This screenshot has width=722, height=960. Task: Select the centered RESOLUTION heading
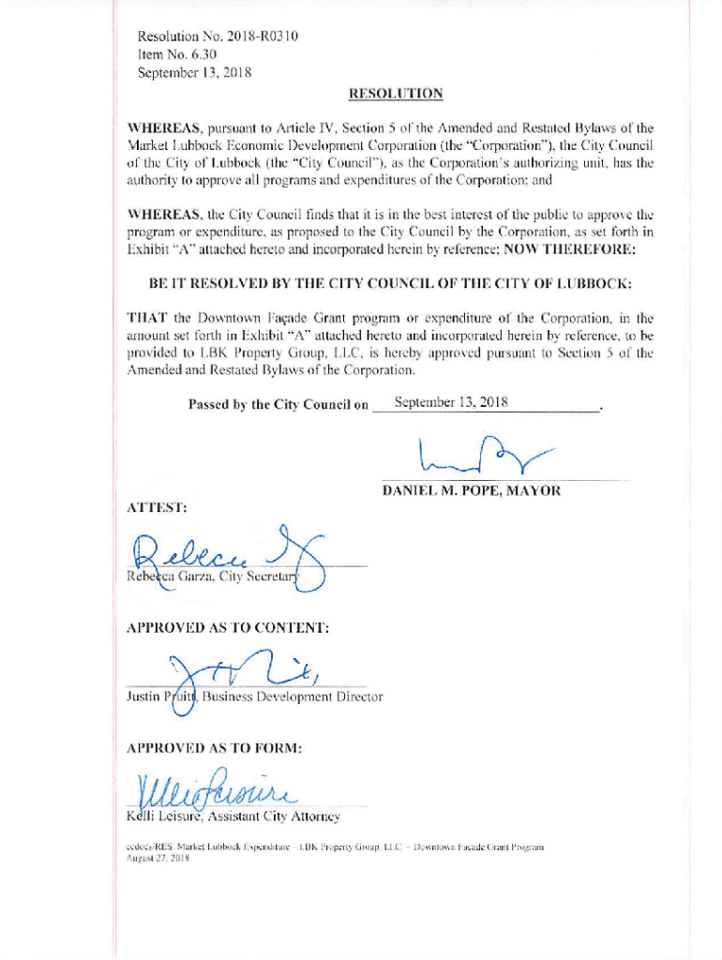click(x=395, y=94)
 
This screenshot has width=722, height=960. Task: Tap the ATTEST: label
click(x=157, y=508)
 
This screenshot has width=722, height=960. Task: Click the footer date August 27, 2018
click(x=158, y=858)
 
